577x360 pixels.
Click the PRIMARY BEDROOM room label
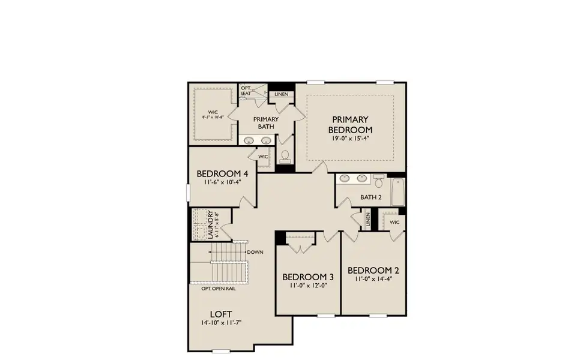(350, 124)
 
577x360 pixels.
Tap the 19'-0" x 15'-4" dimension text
(350, 138)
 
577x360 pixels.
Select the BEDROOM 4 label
(223, 173)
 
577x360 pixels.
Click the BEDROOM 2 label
(373, 269)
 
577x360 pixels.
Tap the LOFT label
(222, 313)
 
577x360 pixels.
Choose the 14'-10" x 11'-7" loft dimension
(222, 323)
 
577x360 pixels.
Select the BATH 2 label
(371, 197)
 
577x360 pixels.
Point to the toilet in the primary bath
(285, 157)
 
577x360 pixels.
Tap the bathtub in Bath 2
(397, 191)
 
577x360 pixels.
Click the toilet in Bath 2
(379, 179)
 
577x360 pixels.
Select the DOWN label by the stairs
(255, 252)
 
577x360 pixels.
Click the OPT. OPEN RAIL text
(219, 287)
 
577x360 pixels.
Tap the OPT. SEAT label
(246, 91)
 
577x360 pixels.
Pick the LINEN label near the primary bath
(281, 94)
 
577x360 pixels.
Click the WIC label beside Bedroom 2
(394, 222)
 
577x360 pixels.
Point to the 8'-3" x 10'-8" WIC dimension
(213, 118)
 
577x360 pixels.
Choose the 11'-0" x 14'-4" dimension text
(373, 278)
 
